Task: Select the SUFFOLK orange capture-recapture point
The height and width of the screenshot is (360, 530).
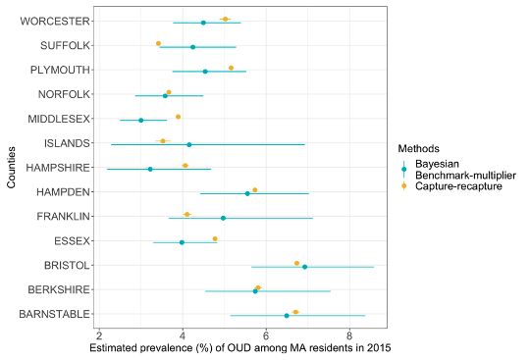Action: [x=158, y=43]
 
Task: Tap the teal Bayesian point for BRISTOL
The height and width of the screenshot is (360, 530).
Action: [x=305, y=267]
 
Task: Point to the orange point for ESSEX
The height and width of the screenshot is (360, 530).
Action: [x=215, y=238]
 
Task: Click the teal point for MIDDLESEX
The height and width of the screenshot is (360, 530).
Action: [x=140, y=120]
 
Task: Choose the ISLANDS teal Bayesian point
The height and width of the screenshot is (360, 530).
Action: [x=188, y=144]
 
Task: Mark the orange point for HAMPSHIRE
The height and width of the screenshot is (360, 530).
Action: [x=185, y=166]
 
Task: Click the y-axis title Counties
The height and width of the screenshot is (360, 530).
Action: [x=11, y=168]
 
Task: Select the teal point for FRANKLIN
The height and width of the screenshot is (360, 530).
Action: [x=223, y=218]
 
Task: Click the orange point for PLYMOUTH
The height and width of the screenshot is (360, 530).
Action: [x=231, y=68]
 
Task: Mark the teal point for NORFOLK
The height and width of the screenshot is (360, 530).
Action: [x=165, y=96]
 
